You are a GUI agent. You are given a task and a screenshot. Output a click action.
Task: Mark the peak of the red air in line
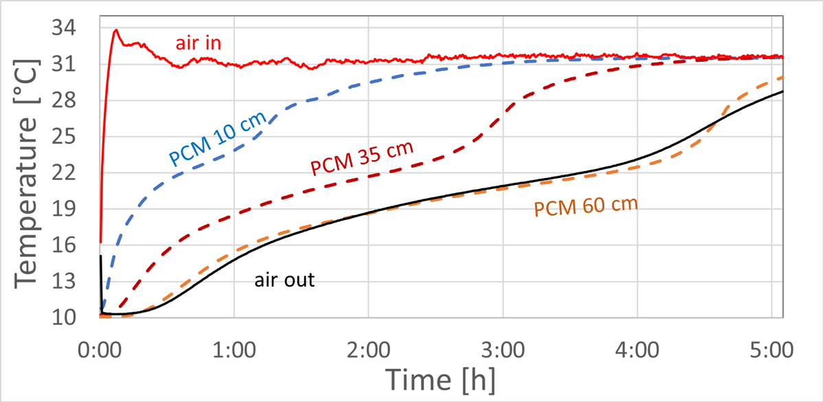116,30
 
